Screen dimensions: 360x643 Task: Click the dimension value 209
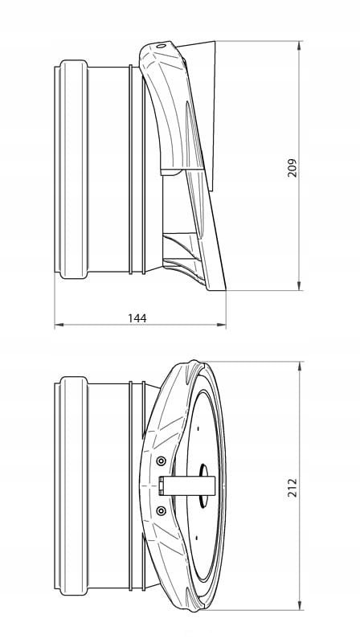pos(292,167)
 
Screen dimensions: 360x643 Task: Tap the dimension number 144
pos(137,318)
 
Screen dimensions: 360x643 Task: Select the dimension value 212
pos(292,487)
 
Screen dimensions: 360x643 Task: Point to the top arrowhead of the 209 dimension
pos(298,46)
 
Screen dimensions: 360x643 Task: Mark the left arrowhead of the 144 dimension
pos(59,325)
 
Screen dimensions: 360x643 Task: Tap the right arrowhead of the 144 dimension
pos(221,325)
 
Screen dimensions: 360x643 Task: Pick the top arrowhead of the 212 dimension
pos(299,367)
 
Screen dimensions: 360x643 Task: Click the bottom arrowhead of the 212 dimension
pos(299,605)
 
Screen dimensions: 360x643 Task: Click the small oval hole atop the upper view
pos(162,46)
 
